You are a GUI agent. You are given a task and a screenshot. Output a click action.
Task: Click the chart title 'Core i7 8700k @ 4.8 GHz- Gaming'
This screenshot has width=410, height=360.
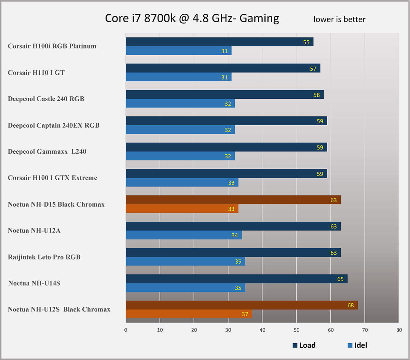pos(192,18)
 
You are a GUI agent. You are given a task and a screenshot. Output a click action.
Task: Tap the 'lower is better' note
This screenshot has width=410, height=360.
pos(339,19)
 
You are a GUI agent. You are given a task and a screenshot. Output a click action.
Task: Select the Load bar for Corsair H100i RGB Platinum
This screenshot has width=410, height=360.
pos(219,42)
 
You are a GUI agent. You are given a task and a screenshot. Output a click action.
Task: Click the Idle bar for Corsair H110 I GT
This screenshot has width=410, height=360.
pos(178,77)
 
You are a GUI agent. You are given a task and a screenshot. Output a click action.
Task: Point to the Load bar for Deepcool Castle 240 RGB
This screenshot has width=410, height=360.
pos(224,95)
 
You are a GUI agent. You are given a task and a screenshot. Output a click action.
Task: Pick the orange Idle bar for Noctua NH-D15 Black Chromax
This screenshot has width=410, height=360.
pos(182,209)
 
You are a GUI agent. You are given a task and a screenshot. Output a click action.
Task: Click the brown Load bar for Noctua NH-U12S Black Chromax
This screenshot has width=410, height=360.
pos(242,305)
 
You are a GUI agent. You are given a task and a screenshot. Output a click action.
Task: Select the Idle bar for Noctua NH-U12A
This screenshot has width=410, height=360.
pos(183,235)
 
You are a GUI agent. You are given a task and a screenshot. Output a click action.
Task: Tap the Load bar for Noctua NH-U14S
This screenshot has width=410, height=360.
pos(236,279)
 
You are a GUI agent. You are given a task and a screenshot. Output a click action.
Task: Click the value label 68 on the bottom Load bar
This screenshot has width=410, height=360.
pos(351,305)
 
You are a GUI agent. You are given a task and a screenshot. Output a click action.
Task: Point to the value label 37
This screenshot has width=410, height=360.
pos(245,314)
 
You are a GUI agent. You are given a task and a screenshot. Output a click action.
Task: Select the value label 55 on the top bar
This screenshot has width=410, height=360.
pos(306,42)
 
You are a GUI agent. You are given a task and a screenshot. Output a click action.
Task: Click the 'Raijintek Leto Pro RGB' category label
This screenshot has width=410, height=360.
pos(44,257)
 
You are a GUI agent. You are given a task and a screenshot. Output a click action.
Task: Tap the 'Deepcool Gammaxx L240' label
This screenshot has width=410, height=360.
pos(47,151)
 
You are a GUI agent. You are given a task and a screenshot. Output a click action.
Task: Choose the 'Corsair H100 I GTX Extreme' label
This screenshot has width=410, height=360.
pos(52,178)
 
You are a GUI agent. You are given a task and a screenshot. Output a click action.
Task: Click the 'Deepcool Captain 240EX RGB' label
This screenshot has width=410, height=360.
pos(54,125)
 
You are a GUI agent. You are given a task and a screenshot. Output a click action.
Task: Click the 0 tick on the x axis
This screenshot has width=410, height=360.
pos(126,330)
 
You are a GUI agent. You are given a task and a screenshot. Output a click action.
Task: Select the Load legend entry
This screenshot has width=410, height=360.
pos(304,345)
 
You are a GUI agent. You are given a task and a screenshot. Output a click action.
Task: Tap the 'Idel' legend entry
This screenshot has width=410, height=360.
pos(357,345)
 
